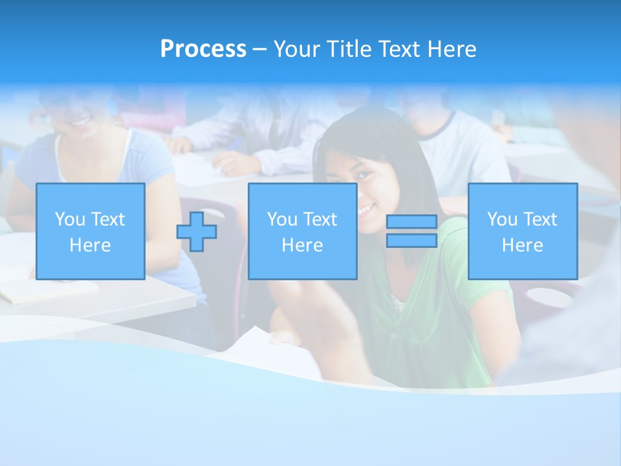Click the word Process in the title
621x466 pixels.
(x=203, y=49)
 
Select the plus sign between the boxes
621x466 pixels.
(x=197, y=232)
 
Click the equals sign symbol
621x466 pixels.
(x=411, y=232)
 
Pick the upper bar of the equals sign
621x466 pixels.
(x=411, y=222)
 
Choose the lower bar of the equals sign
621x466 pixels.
(x=411, y=241)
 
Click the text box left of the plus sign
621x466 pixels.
(x=91, y=231)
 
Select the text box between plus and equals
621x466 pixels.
(x=302, y=231)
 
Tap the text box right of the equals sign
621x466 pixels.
(x=522, y=231)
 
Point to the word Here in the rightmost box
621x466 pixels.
(x=522, y=245)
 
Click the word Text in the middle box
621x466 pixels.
(x=320, y=219)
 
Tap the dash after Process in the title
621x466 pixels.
(x=259, y=49)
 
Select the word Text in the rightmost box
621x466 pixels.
(x=540, y=219)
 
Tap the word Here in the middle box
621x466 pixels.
(x=302, y=245)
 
